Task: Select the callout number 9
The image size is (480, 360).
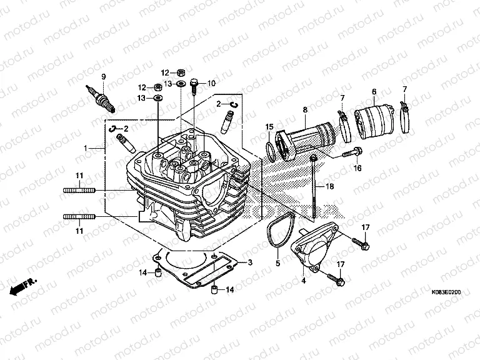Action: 104,77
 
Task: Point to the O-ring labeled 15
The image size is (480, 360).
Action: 271,151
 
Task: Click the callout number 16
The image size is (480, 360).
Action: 357,168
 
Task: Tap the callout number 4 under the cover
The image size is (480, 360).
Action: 304,281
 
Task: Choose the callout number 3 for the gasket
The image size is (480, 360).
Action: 250,262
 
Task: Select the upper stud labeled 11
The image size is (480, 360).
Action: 79,190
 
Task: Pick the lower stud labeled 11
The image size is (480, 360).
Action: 79,217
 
